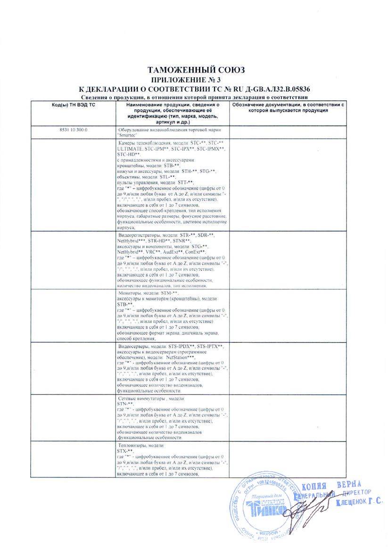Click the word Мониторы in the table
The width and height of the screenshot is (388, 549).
[129, 293]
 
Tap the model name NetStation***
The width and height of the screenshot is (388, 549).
[181, 358]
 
